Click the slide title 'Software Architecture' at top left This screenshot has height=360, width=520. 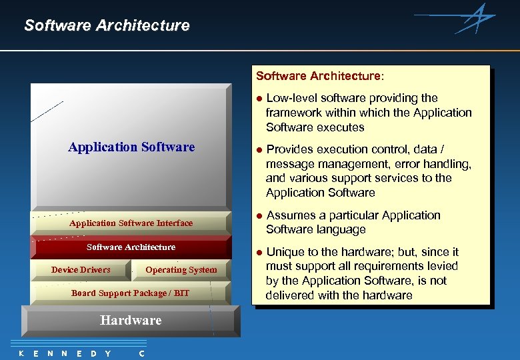pos(107,26)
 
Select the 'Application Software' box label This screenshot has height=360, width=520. pos(131,147)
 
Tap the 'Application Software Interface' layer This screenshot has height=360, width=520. pos(131,223)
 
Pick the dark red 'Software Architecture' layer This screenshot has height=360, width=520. pos(131,247)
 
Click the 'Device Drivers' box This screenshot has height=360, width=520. pos(81,269)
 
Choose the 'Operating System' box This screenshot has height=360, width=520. pos(181,269)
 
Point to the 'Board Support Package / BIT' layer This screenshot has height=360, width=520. pos(130,293)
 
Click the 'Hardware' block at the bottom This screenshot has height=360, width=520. pos(131,321)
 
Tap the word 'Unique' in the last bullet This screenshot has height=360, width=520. pos(285,252)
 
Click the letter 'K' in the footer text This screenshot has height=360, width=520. pos(21,353)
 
